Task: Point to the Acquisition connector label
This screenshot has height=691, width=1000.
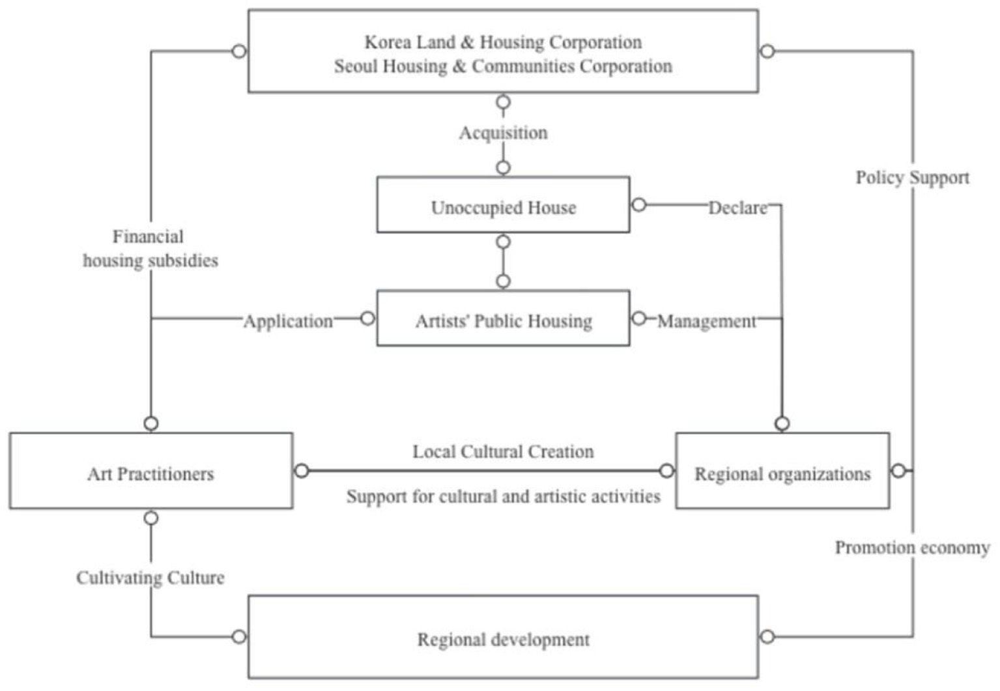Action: coord(503,133)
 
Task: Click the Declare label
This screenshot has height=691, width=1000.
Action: coord(737,208)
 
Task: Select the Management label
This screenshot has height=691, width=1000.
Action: coord(706,321)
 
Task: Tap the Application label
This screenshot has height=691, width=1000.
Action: coord(288,321)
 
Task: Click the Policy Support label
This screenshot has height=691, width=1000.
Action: coord(912,177)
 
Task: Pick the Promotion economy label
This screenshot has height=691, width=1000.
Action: coord(912,547)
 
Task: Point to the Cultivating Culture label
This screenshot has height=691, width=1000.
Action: coord(150,578)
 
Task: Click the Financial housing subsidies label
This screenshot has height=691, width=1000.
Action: coord(150,248)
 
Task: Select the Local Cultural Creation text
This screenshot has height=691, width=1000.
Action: coord(503,451)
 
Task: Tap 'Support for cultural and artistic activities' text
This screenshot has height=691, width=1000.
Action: coord(503,496)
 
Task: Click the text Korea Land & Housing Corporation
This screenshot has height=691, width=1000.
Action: coord(503,42)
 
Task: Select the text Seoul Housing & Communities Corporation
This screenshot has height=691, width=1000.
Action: coord(503,66)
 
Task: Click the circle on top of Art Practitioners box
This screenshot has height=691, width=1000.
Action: coord(151,423)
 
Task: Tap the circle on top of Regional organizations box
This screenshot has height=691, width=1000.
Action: coord(782,423)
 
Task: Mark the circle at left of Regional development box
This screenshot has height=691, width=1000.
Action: coord(239,636)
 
